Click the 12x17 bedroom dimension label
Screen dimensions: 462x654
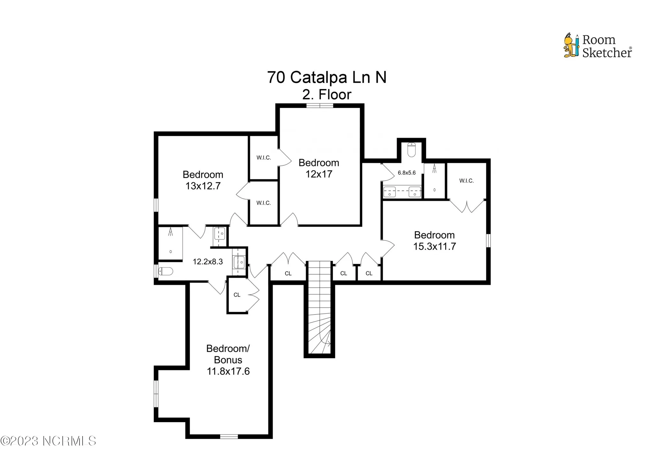319,174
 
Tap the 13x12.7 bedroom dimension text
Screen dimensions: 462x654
203,186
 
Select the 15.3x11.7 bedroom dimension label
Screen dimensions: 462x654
434,246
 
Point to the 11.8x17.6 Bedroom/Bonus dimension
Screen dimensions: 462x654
228,371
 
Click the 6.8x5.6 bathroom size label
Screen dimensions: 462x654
407,173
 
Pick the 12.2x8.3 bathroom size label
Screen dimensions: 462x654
208,262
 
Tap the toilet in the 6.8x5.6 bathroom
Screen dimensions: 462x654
411,150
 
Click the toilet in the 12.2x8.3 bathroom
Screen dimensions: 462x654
166,271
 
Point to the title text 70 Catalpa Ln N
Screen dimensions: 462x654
327,77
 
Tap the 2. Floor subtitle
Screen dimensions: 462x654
327,95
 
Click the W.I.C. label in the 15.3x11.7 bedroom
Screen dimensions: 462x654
466,181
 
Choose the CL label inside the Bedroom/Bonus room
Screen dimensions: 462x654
237,295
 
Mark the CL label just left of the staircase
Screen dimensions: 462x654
288,274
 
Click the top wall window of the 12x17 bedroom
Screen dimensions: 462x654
320,106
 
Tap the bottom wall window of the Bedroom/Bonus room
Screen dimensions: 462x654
229,436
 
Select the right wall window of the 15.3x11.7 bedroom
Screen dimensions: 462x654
488,240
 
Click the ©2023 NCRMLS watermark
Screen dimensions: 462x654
48,441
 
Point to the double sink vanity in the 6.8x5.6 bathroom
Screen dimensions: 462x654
402,192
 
